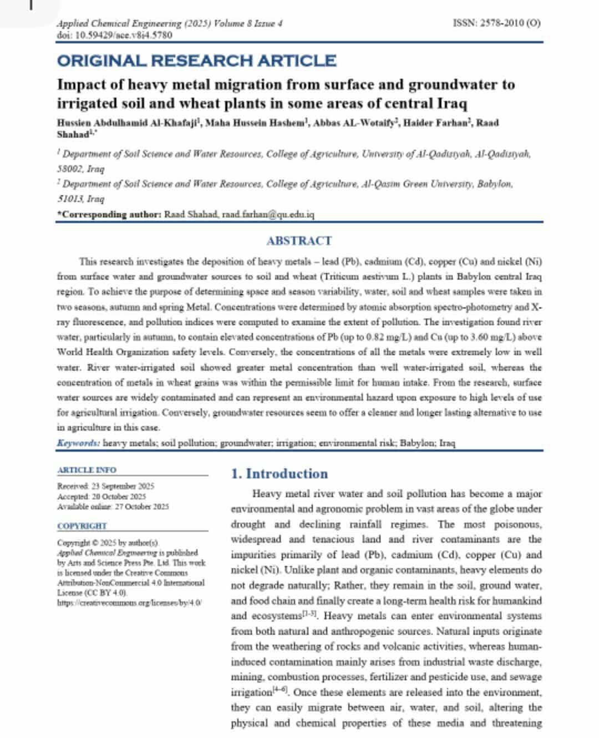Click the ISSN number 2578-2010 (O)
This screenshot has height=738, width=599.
point(496,23)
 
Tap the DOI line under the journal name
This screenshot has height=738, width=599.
point(114,35)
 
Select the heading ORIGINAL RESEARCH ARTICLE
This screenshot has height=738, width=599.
point(196,60)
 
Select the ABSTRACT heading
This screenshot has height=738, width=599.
point(299,241)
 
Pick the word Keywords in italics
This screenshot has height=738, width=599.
point(78,443)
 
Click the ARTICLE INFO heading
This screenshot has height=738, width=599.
point(87,470)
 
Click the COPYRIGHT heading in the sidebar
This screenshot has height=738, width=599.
point(82,526)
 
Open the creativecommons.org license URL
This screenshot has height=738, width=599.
point(130,603)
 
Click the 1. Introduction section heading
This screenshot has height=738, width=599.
point(279,474)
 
